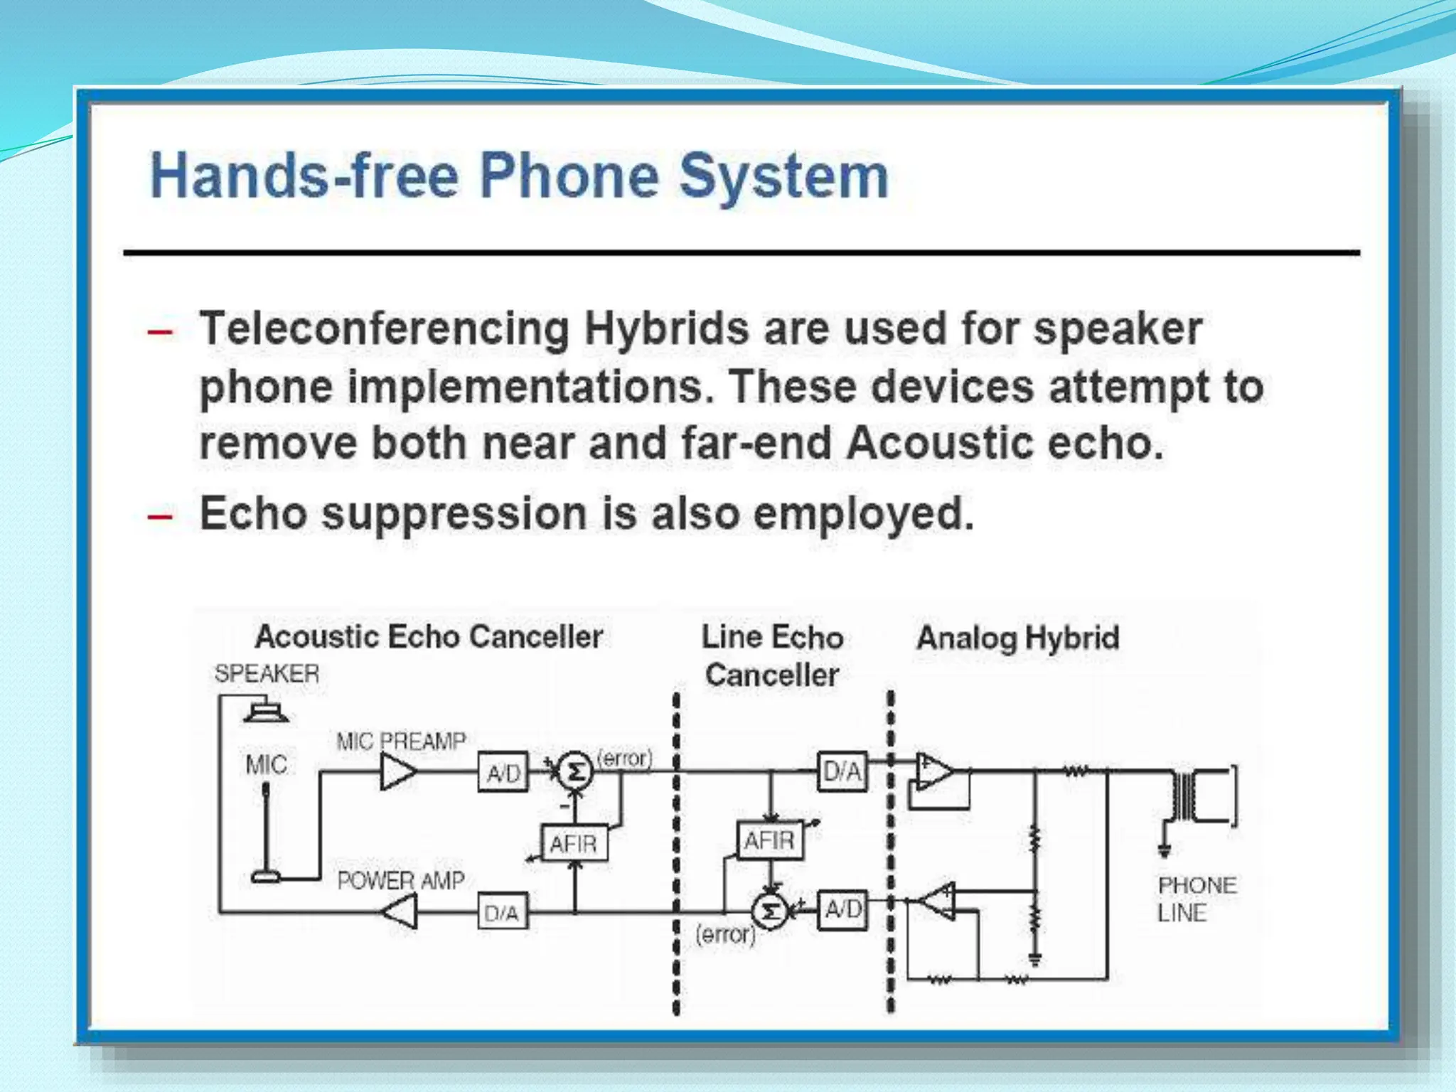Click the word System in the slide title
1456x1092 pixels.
(x=783, y=176)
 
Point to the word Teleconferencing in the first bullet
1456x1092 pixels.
(x=384, y=331)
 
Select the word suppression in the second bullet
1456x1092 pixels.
(x=454, y=513)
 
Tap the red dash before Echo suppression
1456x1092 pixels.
(x=159, y=515)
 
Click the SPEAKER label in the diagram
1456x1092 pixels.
(x=267, y=673)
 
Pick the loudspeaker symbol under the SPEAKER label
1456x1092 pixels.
(x=266, y=711)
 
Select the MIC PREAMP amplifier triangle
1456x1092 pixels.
(x=397, y=771)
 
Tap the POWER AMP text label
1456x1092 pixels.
(x=400, y=881)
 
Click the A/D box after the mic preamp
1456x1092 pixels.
(x=503, y=772)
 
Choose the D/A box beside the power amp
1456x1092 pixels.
(x=502, y=913)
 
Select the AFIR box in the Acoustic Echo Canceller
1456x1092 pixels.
(x=574, y=844)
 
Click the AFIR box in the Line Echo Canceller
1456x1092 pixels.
(x=769, y=841)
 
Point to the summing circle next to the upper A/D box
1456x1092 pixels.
(x=574, y=771)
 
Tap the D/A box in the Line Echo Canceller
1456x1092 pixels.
(x=842, y=771)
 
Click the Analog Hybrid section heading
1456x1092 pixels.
(x=1018, y=638)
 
